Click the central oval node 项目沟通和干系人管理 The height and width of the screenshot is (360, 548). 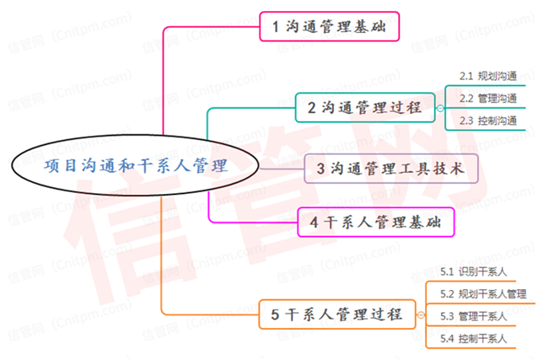click(x=136, y=166)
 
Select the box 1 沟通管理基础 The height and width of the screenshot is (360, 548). click(x=328, y=27)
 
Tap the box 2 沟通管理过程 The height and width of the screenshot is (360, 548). click(x=364, y=108)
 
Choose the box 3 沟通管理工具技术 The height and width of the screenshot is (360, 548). click(x=391, y=169)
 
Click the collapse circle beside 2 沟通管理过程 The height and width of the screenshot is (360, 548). click(x=439, y=108)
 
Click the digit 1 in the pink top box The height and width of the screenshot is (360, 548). click(x=275, y=27)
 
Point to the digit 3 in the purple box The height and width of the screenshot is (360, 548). click(x=321, y=169)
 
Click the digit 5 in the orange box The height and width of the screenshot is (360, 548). click(x=275, y=315)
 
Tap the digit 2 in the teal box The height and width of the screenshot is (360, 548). click(x=311, y=108)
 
